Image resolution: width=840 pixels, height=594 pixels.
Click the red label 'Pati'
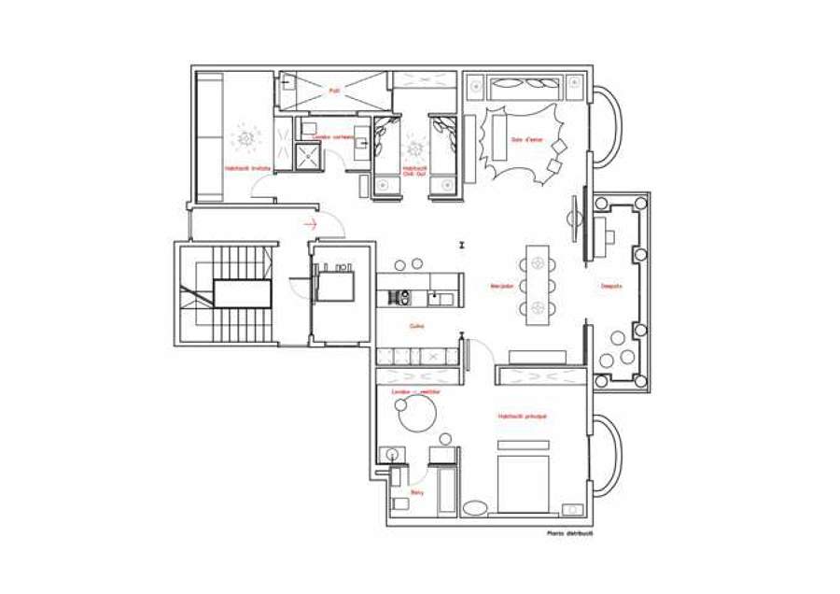pos(332,91)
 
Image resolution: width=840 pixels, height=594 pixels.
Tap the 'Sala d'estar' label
pos(526,140)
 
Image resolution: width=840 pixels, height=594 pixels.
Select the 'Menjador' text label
pos(502,286)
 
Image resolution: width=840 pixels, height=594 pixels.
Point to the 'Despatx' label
pos(610,286)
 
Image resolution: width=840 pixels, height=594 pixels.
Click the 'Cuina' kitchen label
pos(416,326)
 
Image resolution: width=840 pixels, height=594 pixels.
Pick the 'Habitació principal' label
pos(522,416)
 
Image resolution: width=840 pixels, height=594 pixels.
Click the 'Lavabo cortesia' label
pos(332,136)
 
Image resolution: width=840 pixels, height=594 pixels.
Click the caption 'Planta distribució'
pos(570,534)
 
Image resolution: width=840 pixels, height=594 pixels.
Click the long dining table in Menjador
pos(538,285)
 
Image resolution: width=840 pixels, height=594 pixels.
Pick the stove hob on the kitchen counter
pos(401,298)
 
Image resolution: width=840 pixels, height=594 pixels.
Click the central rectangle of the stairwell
pos(242,293)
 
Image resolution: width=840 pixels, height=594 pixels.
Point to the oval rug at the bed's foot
pos(476,509)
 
